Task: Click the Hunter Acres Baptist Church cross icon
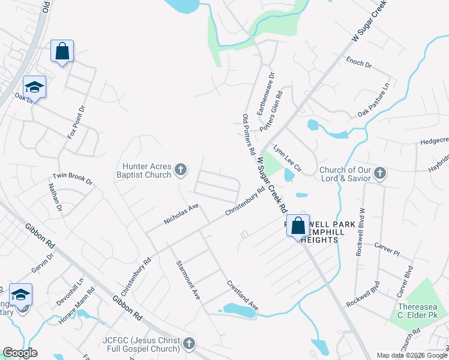(x=179, y=172)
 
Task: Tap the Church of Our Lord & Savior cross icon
(x=379, y=174)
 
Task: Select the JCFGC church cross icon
(x=188, y=344)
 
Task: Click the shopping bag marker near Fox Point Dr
(x=62, y=52)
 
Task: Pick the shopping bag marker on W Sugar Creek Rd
(x=298, y=226)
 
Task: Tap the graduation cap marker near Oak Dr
(x=34, y=88)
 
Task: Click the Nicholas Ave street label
(x=181, y=214)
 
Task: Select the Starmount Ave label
(x=188, y=280)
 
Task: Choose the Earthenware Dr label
(x=265, y=94)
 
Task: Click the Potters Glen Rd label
(x=271, y=112)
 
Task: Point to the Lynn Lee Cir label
(x=287, y=158)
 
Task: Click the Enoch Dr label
(x=359, y=62)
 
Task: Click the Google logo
(x=20, y=353)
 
